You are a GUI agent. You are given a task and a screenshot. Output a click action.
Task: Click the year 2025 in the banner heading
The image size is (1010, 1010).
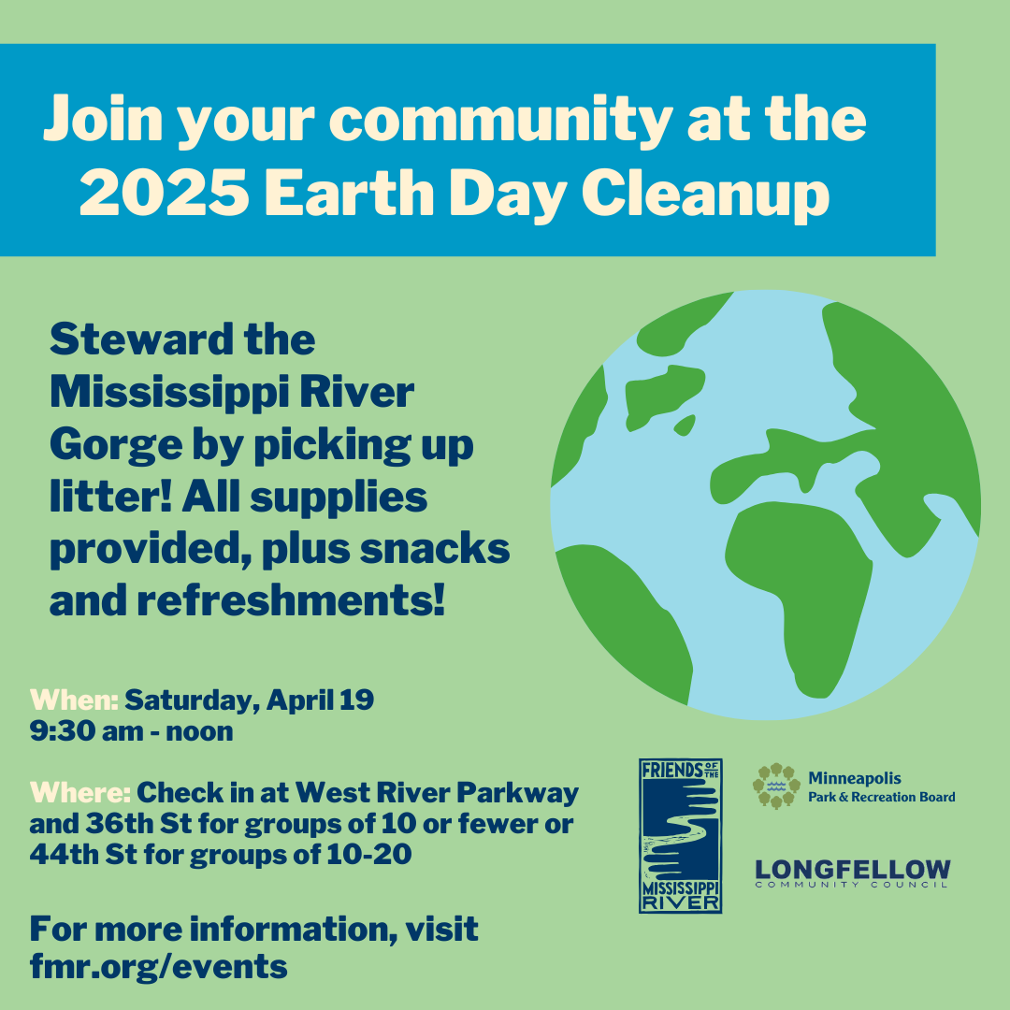(x=164, y=193)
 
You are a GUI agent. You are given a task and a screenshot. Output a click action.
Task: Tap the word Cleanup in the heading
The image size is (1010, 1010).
(x=705, y=195)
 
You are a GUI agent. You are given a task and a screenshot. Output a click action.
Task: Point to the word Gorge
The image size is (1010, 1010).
(x=116, y=446)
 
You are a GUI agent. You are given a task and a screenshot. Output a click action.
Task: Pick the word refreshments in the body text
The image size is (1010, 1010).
(x=291, y=600)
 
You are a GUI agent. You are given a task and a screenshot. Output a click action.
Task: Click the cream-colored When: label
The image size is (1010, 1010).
(x=74, y=700)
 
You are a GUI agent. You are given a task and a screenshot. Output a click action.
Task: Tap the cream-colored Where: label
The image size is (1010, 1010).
(x=80, y=792)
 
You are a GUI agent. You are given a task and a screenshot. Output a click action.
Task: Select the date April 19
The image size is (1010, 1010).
(x=320, y=700)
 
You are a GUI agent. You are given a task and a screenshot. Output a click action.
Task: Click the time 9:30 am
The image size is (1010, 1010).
(x=86, y=731)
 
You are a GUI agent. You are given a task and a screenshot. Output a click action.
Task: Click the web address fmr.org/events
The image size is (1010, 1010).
(x=158, y=966)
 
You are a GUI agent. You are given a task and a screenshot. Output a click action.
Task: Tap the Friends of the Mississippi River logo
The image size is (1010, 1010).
(x=680, y=835)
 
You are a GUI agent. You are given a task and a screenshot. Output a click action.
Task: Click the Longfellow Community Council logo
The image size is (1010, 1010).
(x=852, y=873)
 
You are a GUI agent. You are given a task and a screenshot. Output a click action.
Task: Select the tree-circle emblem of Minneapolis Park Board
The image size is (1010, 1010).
(x=776, y=786)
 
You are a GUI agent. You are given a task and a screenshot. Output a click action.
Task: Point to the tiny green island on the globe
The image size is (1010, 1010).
(x=684, y=426)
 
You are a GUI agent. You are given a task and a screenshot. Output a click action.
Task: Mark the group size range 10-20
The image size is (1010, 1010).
(x=369, y=855)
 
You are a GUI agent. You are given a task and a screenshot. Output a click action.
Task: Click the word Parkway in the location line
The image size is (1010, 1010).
(x=517, y=794)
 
